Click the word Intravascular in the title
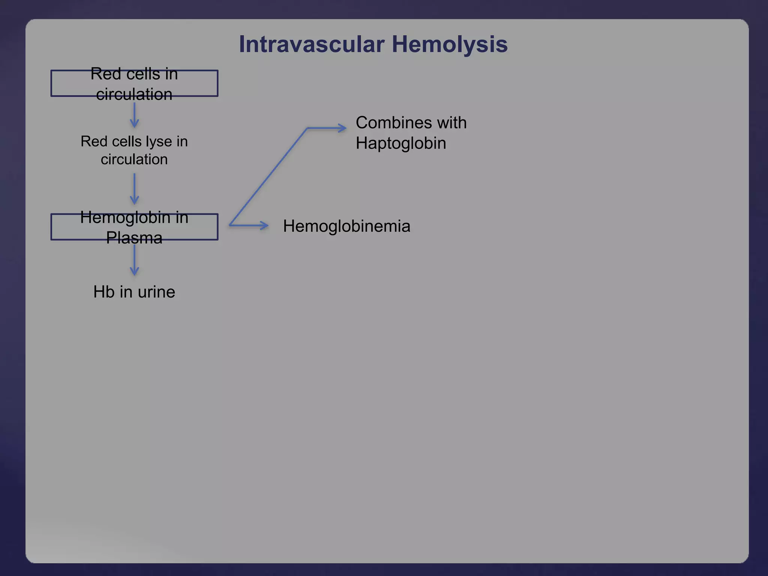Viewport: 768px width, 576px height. (x=311, y=44)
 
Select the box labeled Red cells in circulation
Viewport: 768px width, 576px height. (x=134, y=83)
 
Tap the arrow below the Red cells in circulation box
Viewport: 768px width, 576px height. (x=134, y=115)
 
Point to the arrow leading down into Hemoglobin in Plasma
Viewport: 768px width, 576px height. (x=134, y=189)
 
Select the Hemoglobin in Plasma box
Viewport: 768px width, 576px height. (x=134, y=227)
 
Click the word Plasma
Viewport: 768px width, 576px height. (x=134, y=238)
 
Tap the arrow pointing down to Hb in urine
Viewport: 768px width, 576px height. (x=134, y=260)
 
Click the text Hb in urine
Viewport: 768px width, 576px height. (x=134, y=292)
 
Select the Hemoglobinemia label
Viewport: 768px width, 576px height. (x=346, y=226)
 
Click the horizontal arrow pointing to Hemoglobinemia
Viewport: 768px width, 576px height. (x=249, y=225)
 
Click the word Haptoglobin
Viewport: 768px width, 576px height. (x=400, y=143)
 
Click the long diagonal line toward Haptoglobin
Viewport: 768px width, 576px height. (x=268, y=176)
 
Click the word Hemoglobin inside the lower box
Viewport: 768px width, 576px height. (x=125, y=217)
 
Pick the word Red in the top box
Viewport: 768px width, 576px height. (x=103, y=74)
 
